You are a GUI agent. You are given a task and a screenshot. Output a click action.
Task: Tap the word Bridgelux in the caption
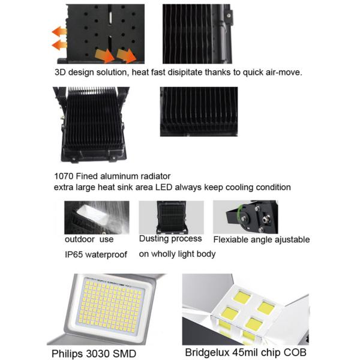208,352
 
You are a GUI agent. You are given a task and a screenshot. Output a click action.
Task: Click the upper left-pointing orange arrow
59,31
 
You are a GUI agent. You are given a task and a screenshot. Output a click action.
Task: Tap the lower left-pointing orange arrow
59,45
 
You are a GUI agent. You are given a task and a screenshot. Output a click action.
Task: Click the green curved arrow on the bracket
240,212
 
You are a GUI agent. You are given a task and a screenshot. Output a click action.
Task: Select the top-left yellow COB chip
242,298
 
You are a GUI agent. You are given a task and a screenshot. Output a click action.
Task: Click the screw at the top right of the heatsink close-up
229,16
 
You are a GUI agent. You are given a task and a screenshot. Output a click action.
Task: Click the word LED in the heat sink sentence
164,187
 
